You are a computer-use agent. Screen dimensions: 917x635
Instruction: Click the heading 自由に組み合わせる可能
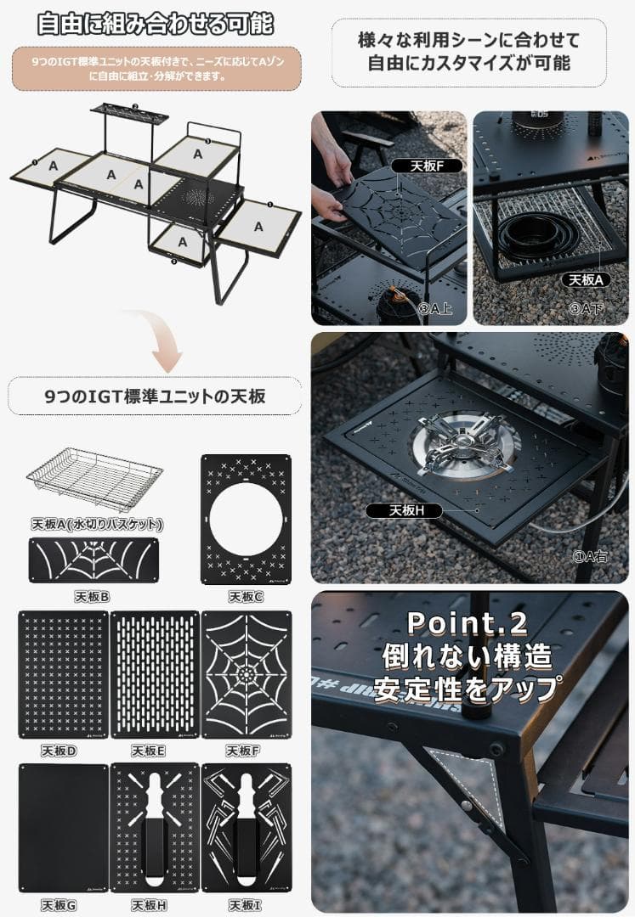click(156, 23)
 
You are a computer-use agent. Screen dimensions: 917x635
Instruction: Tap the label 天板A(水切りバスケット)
click(95, 524)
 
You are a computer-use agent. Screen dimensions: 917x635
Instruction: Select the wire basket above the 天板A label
click(94, 480)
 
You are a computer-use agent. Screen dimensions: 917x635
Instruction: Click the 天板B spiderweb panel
click(94, 560)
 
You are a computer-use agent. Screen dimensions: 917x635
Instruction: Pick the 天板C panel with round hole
click(246, 520)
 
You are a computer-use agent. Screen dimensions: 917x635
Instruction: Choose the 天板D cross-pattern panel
click(63, 674)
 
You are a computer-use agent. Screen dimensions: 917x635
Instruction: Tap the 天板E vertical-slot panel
click(155, 674)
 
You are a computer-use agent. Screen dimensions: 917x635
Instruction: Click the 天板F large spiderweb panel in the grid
click(246, 674)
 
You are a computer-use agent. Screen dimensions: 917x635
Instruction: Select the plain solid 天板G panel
click(63, 827)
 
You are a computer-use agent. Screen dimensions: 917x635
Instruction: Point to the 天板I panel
click(246, 827)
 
